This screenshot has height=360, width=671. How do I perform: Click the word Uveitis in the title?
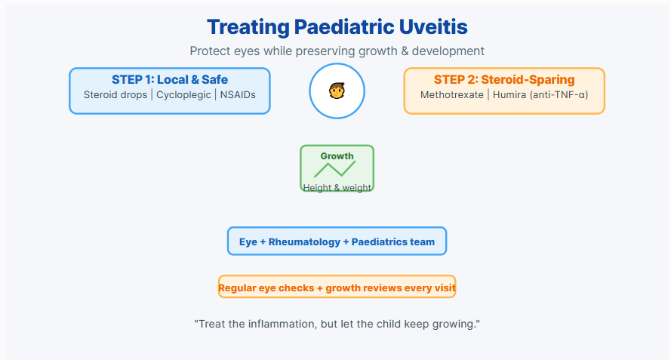click(x=433, y=26)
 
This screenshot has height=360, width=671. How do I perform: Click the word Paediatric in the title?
click(x=344, y=27)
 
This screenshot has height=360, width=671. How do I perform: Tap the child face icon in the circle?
click(x=337, y=91)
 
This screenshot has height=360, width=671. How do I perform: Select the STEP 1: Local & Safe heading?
click(x=170, y=79)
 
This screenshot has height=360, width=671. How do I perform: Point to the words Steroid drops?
click(x=115, y=94)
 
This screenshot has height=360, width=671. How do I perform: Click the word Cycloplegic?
click(x=183, y=95)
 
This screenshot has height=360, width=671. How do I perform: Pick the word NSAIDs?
click(x=238, y=94)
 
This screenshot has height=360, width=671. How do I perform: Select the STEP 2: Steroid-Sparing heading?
click(x=504, y=79)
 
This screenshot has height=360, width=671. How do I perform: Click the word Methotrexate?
click(x=452, y=94)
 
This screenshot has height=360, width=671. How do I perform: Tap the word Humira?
click(x=509, y=94)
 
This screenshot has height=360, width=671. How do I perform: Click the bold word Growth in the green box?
click(x=337, y=156)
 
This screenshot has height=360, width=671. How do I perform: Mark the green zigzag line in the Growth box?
click(x=334, y=169)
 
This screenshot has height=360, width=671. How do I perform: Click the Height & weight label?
click(x=337, y=187)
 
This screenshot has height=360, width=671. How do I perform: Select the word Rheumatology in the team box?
click(x=304, y=242)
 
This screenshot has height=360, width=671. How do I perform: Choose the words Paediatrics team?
click(x=392, y=242)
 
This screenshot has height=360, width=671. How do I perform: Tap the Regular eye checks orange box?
click(x=337, y=287)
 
